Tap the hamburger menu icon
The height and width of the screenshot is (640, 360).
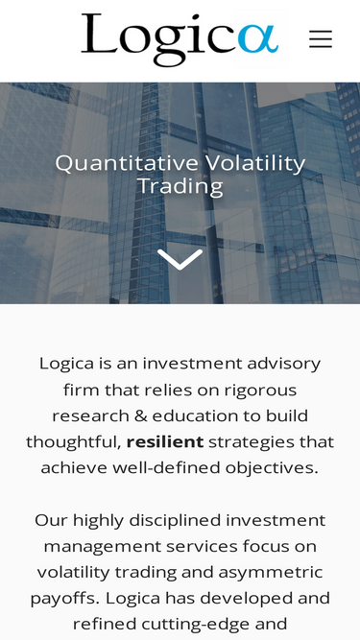click(x=321, y=39)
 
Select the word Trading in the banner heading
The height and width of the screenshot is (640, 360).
click(x=180, y=186)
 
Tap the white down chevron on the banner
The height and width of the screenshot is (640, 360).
click(x=180, y=259)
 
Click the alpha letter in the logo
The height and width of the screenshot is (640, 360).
click(x=257, y=40)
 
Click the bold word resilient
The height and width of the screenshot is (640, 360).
click(x=165, y=442)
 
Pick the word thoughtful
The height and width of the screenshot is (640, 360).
click(x=72, y=442)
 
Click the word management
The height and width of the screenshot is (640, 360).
click(x=99, y=546)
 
